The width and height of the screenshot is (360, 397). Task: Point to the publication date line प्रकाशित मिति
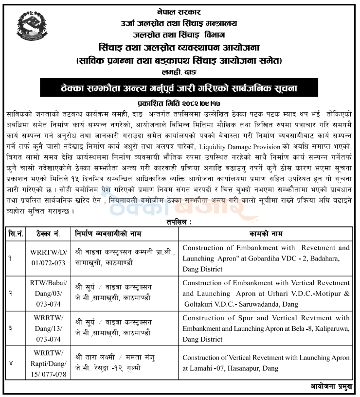[180, 103]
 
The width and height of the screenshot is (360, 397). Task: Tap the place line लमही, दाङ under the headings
[179, 71]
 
